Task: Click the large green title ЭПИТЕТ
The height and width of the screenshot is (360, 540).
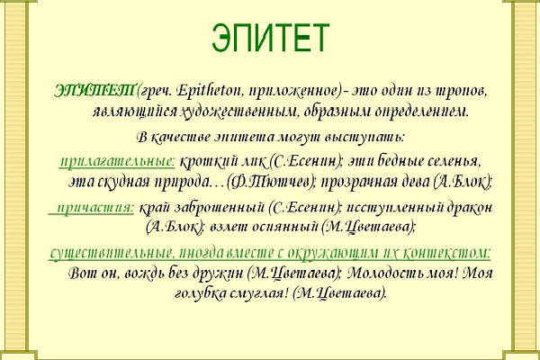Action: [x=270, y=38]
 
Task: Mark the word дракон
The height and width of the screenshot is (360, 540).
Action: [x=470, y=208]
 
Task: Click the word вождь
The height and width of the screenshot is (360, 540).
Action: [x=147, y=274]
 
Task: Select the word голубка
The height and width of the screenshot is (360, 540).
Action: [x=200, y=293]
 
